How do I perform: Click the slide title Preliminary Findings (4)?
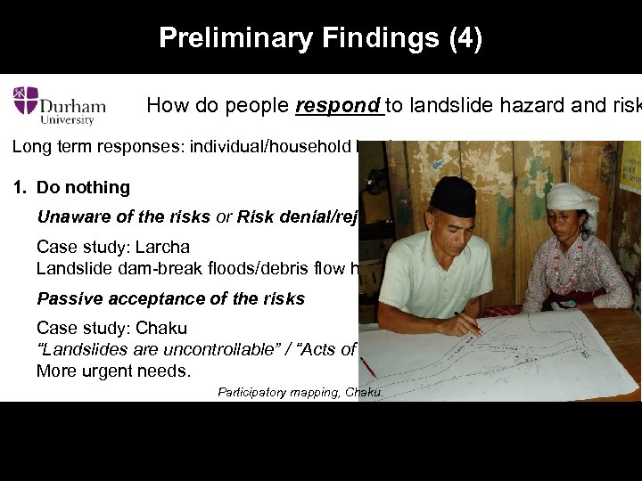pyautogui.click(x=320, y=38)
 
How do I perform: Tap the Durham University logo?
pyautogui.click(x=59, y=105)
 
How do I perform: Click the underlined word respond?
pyautogui.click(x=338, y=105)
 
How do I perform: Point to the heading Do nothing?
pyautogui.click(x=83, y=187)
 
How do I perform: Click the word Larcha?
pyautogui.click(x=164, y=247)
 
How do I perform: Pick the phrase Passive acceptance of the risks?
pyautogui.click(x=170, y=298)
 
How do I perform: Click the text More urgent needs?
pyautogui.click(x=113, y=370)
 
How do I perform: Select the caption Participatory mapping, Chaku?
pyautogui.click(x=300, y=393)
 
